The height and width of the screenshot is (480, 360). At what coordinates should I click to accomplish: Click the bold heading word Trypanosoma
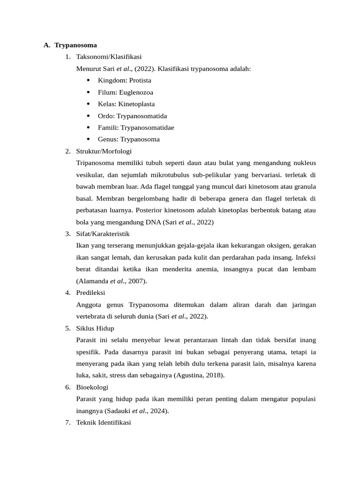pyautogui.click(x=75, y=45)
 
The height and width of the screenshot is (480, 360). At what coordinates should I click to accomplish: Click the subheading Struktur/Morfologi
pyautogui.click(x=104, y=151)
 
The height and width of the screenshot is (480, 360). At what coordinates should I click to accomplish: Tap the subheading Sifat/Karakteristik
pyautogui.click(x=103, y=234)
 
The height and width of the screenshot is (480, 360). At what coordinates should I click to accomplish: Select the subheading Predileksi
pyautogui.click(x=90, y=293)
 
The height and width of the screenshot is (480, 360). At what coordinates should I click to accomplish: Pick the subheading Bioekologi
pyautogui.click(x=92, y=387)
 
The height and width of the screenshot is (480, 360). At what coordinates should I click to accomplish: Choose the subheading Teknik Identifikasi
pyautogui.click(x=104, y=423)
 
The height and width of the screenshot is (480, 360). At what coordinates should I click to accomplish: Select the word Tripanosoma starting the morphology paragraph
pyautogui.click(x=94, y=163)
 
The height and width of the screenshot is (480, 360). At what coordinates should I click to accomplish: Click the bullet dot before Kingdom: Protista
pyautogui.click(x=89, y=80)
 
